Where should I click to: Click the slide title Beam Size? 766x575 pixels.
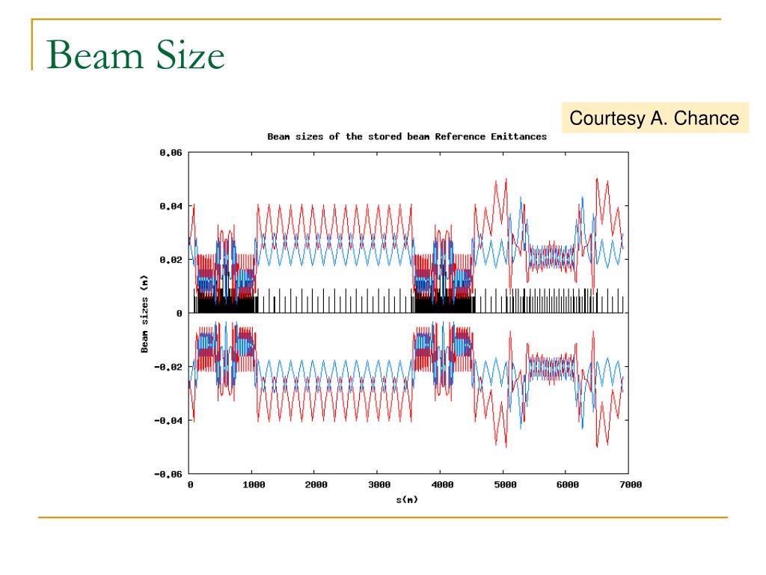[x=135, y=57]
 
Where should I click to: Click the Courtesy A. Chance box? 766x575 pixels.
[x=655, y=118]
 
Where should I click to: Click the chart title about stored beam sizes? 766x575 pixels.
[x=407, y=137]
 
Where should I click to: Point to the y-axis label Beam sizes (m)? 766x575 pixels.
[x=144, y=312]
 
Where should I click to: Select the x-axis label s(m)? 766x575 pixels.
[x=407, y=499]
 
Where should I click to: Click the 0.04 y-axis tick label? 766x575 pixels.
[x=171, y=206]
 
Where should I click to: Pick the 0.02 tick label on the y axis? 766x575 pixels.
[x=171, y=260]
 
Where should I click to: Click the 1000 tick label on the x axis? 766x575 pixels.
[x=253, y=485]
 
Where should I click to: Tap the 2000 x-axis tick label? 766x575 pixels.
[x=316, y=485]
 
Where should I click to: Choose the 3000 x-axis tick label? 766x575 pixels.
[x=379, y=485]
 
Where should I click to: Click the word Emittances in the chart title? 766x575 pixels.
[x=518, y=137]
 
